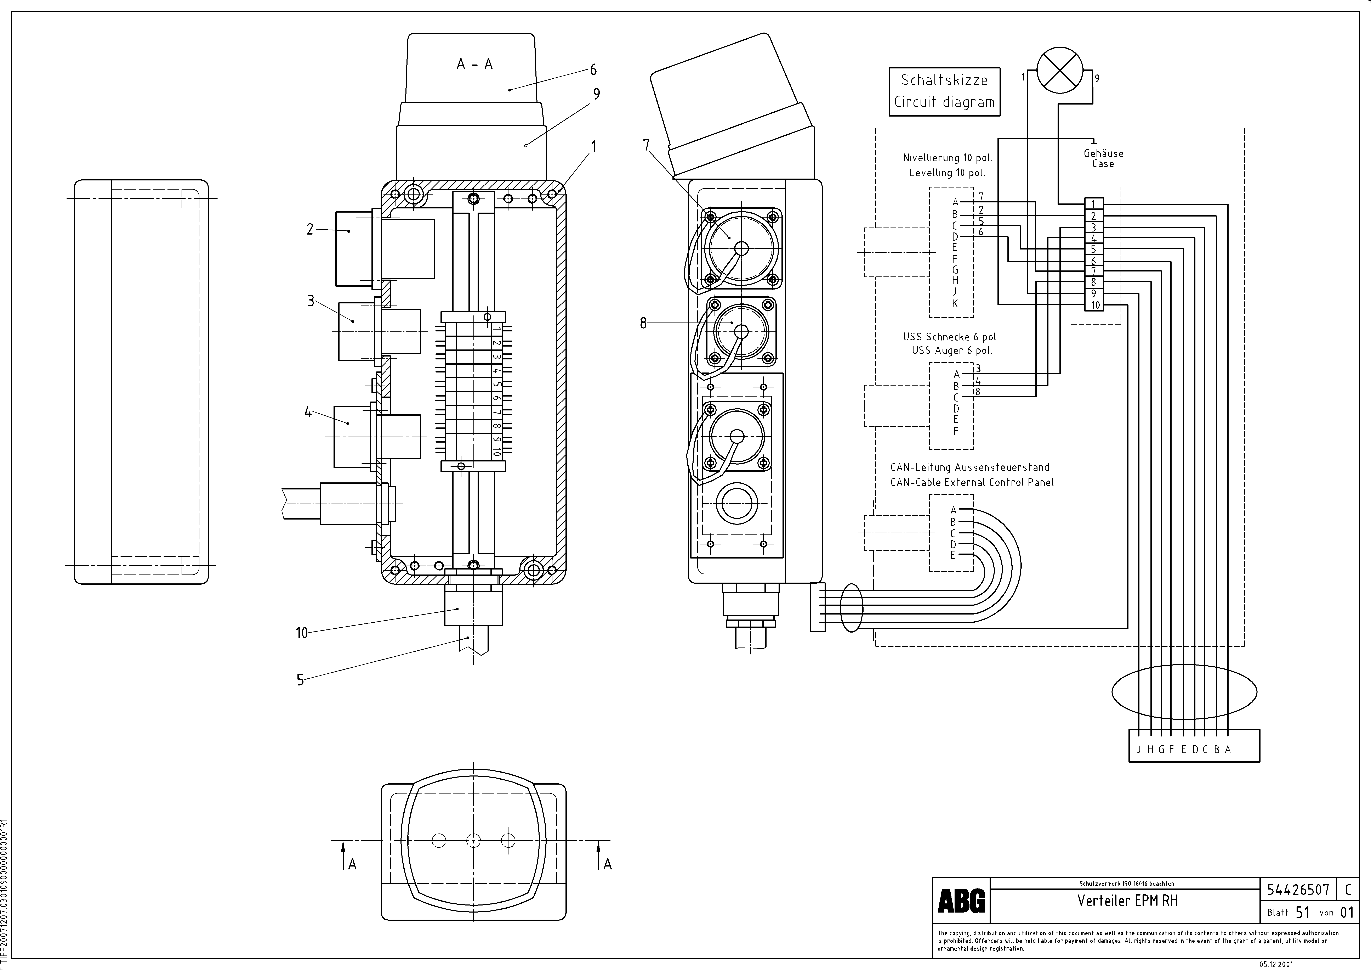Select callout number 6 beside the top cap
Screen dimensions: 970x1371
pyautogui.click(x=593, y=70)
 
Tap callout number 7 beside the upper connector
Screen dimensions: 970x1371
pyautogui.click(x=646, y=145)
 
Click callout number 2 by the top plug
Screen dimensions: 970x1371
pyautogui.click(x=310, y=229)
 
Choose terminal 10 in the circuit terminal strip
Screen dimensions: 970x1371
pyautogui.click(x=1094, y=305)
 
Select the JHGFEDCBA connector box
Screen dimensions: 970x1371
pyautogui.click(x=1194, y=750)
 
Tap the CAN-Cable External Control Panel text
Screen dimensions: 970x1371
pyautogui.click(x=972, y=482)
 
